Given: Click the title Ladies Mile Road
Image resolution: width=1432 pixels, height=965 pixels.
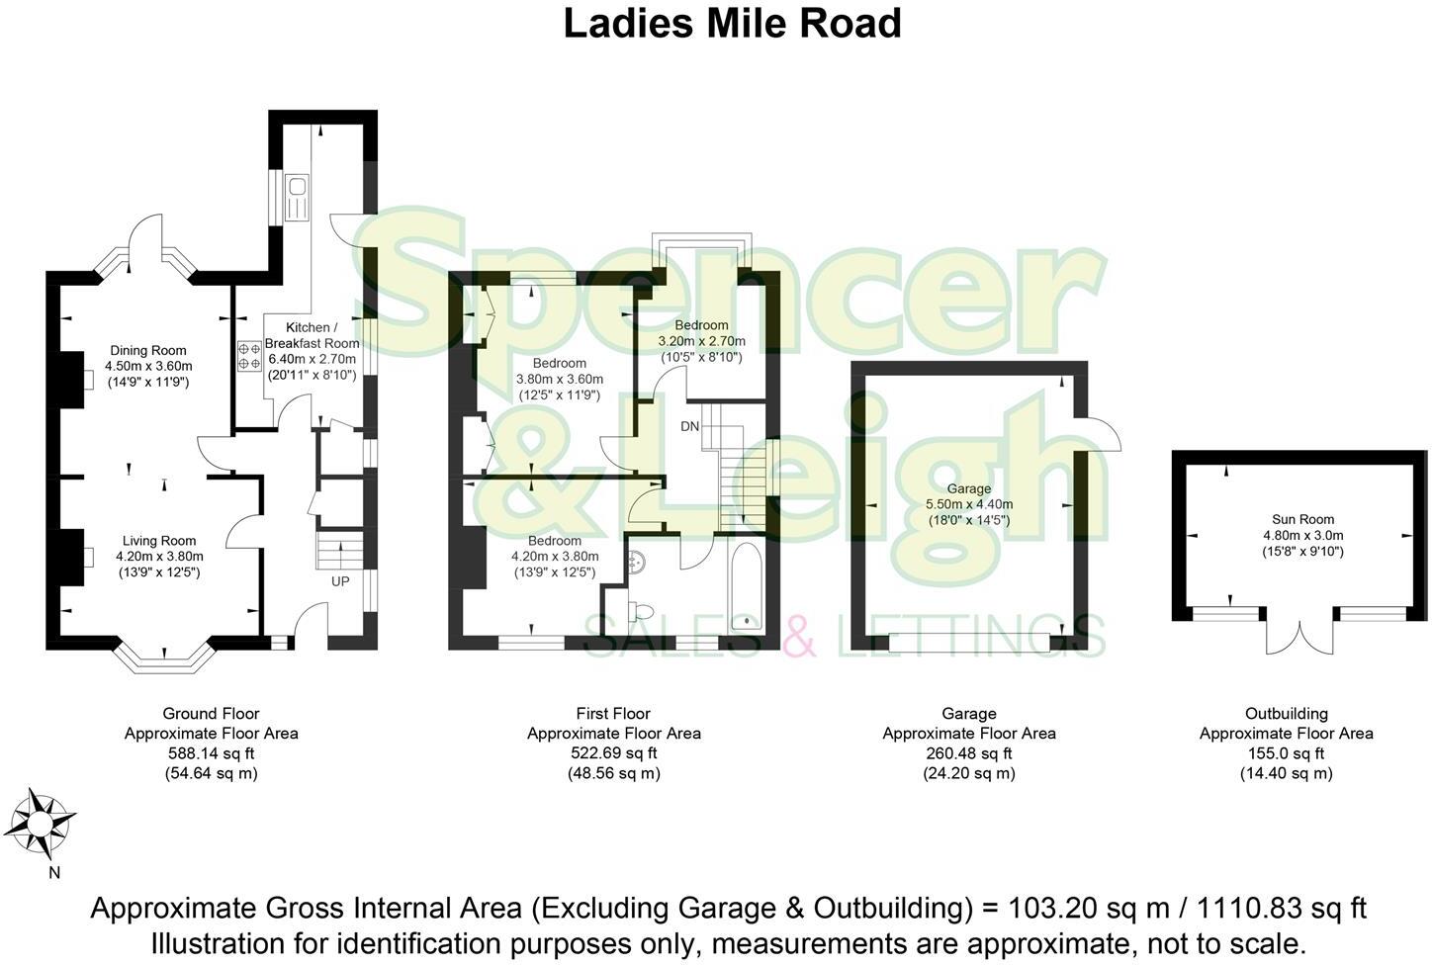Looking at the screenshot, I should tap(732, 24).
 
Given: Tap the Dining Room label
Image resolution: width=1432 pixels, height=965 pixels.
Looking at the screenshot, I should tap(148, 350).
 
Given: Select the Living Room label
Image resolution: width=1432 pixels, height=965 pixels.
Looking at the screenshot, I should tap(159, 541).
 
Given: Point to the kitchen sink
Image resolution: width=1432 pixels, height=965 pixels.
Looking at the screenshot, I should tap(297, 198).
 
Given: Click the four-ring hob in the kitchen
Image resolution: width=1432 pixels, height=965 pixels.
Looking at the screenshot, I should tap(248, 356).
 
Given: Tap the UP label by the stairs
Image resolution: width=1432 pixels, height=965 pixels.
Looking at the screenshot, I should tap(340, 581).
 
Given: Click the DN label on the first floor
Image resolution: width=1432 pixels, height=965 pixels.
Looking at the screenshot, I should tap(689, 426).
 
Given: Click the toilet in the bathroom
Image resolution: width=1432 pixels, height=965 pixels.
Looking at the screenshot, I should tap(643, 609).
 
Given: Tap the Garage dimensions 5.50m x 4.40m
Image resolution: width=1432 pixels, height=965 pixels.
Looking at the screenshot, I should tap(968, 504).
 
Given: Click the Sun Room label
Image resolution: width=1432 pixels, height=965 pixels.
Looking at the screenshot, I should tap(1302, 519).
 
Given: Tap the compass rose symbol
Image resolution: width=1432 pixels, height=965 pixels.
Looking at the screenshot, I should tap(43, 824).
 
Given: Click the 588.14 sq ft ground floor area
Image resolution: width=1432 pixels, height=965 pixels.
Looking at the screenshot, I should tap(211, 753).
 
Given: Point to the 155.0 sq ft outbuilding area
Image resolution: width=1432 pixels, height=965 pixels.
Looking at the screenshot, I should tap(1286, 753).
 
